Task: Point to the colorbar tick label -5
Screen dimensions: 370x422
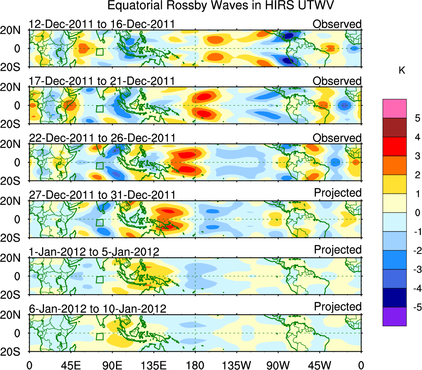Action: [415, 307]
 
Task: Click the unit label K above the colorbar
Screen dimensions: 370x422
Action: [402, 71]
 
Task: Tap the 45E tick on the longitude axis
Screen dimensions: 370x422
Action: [71, 365]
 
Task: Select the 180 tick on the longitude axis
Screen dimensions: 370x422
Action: [195, 365]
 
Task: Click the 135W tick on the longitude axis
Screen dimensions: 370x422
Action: [237, 365]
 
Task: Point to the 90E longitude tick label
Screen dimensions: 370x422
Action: [112, 365]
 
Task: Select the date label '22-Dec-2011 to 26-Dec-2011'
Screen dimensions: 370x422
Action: [101, 138]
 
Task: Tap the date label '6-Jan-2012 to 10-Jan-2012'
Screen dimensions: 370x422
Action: [98, 309]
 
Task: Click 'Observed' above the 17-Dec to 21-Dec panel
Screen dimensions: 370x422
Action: [337, 81]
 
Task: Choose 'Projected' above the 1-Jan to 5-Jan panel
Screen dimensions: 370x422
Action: [338, 250]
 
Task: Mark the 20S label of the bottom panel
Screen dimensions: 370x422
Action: [14, 351]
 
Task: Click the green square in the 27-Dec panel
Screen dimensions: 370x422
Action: [100, 222]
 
